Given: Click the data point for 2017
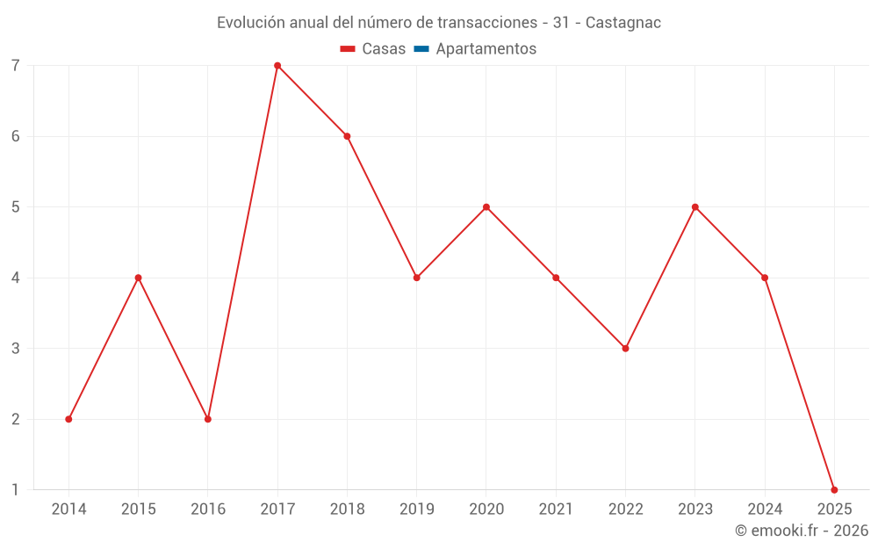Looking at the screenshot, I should click(x=277, y=66).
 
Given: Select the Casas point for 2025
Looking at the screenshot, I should click(x=834, y=489).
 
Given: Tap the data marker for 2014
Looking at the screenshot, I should click(x=68, y=419).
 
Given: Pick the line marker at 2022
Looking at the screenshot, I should click(x=625, y=348).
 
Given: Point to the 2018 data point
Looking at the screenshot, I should click(x=347, y=136).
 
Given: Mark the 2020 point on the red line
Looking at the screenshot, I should click(x=486, y=207).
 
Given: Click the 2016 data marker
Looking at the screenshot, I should click(x=208, y=419).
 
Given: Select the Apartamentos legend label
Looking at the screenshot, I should click(x=486, y=49).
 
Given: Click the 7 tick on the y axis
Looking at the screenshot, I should click(x=16, y=66).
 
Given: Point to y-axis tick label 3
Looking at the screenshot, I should click(x=16, y=348).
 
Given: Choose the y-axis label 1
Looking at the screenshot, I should click(x=16, y=489).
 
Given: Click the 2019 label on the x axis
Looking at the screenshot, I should click(x=416, y=509).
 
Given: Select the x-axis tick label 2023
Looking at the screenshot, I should click(x=694, y=509).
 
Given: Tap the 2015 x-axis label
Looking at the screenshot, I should click(x=138, y=509).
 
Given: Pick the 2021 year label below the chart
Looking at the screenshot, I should click(x=556, y=509).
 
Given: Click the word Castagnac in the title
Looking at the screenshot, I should click(x=623, y=23).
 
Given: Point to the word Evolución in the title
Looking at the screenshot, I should click(x=251, y=23).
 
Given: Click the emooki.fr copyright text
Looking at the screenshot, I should click(x=802, y=531).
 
